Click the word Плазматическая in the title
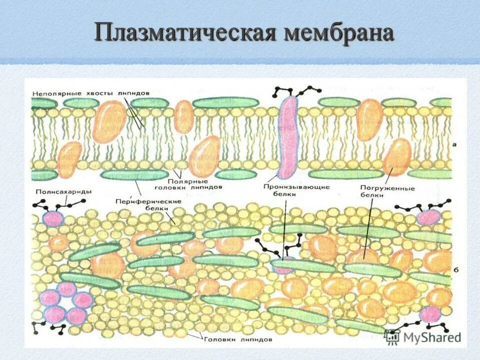(x=185, y=34)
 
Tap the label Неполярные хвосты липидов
(x=90, y=93)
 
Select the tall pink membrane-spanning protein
(x=288, y=137)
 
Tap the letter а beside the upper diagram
(x=454, y=144)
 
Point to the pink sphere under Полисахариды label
(x=53, y=218)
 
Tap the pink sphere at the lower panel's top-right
(x=428, y=216)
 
